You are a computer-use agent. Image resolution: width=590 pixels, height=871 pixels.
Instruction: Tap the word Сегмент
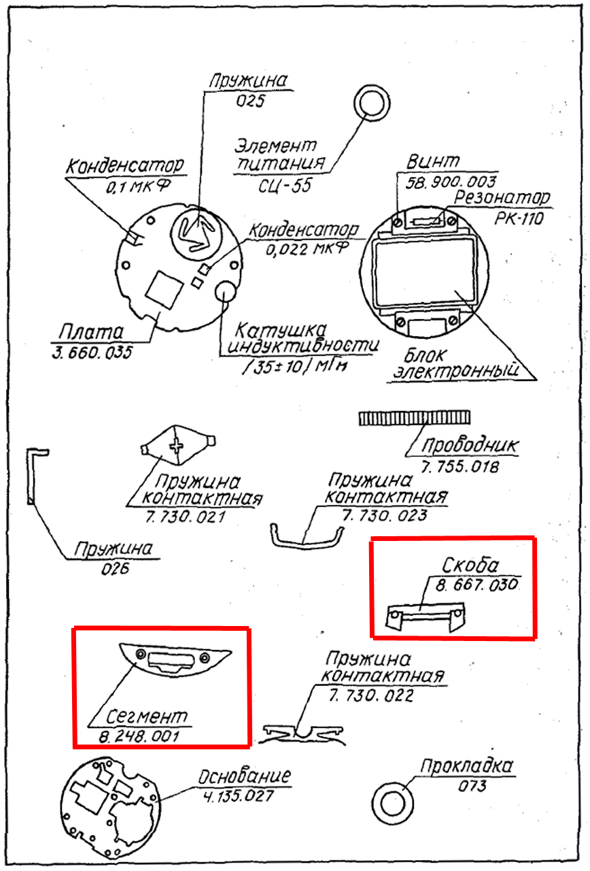[147, 717]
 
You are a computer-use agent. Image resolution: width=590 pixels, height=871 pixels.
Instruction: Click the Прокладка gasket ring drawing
[392, 803]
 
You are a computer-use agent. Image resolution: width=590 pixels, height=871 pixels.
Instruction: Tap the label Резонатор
[502, 198]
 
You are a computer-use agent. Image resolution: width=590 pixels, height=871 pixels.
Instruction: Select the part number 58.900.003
[450, 182]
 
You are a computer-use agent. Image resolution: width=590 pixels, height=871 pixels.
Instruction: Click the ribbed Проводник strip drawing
[414, 418]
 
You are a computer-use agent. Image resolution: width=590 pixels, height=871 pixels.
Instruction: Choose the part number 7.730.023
[385, 515]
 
